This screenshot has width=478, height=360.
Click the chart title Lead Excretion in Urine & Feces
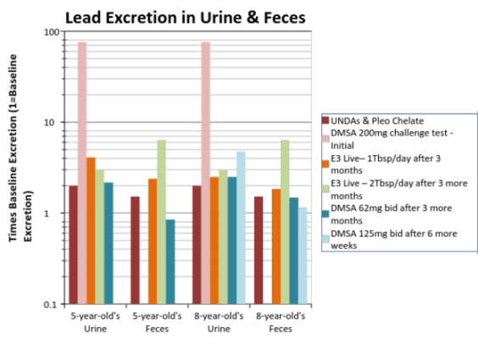[x=186, y=18]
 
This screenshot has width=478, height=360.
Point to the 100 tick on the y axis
[x=52, y=32]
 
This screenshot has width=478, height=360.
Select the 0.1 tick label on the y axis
[x=51, y=304]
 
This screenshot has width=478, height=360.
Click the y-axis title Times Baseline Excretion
[x=20, y=148]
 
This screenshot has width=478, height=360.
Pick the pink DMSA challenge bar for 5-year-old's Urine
[x=82, y=173]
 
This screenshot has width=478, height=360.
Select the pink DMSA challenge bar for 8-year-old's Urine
[x=205, y=173]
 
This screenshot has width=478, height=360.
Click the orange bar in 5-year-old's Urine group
[x=91, y=230]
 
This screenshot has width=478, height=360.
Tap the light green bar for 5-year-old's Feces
[x=162, y=222]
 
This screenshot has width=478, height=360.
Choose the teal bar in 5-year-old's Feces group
[x=170, y=262]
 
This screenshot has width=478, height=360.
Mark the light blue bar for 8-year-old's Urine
[x=241, y=228]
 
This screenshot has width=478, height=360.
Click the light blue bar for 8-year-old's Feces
[x=303, y=256]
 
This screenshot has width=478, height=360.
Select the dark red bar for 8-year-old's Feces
[x=258, y=250]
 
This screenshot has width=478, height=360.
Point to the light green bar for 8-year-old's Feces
[x=285, y=222]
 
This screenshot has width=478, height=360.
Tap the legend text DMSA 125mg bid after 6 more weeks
[x=394, y=240]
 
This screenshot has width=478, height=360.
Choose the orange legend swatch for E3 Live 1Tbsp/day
[x=325, y=164]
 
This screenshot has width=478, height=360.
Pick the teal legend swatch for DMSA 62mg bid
[x=325, y=213]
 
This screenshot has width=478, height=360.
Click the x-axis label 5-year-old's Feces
[x=157, y=322]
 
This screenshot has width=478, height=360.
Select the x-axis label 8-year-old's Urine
[x=219, y=322]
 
